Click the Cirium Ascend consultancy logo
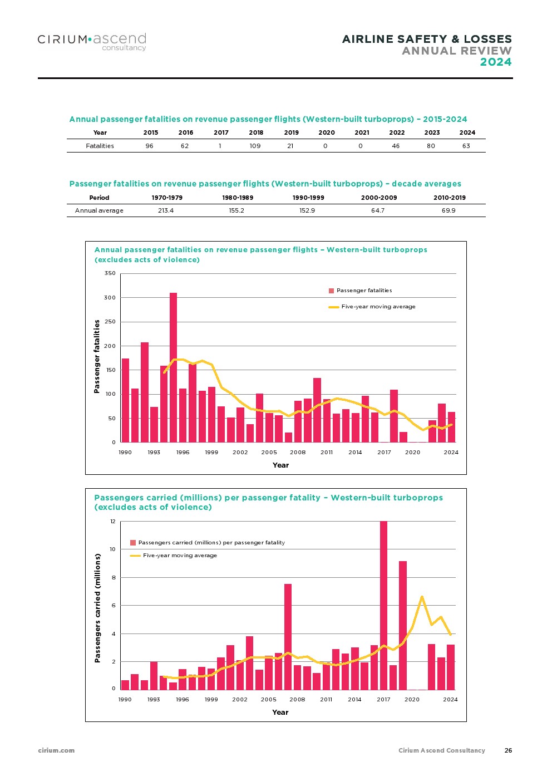(x=92, y=41)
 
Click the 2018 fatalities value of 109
(x=255, y=146)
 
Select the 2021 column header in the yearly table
(x=362, y=132)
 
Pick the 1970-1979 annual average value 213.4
(x=166, y=210)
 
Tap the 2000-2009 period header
(x=379, y=198)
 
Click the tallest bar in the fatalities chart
(x=173, y=367)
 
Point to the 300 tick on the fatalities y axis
(x=110, y=298)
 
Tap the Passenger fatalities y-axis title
(x=97, y=356)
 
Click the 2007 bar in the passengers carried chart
(x=288, y=637)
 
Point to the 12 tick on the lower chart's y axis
(x=112, y=522)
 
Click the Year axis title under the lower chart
(x=280, y=713)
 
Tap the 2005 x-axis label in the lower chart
(x=269, y=700)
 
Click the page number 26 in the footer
(x=508, y=750)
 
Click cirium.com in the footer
(x=56, y=750)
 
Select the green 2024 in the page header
(x=496, y=62)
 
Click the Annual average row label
(x=99, y=210)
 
